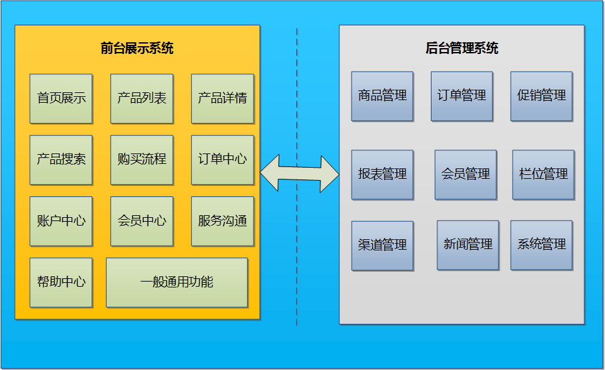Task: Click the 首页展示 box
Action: (x=61, y=99)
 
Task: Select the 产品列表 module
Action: (x=142, y=99)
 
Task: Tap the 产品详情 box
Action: (x=222, y=99)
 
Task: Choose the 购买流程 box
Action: (x=142, y=160)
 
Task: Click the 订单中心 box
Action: (x=222, y=160)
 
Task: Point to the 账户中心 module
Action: (x=61, y=221)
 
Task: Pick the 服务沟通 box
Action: (x=222, y=221)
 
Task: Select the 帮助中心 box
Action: (x=61, y=282)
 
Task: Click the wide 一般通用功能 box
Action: (x=177, y=282)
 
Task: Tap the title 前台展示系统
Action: (x=137, y=49)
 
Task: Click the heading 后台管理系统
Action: (x=462, y=49)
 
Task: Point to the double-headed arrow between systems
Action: (x=300, y=174)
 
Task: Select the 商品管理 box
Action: (x=382, y=96)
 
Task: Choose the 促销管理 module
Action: (x=541, y=96)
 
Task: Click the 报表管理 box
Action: (x=382, y=175)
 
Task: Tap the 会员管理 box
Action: (x=465, y=175)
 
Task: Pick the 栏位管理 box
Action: (x=543, y=175)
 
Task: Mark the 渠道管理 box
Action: (x=382, y=246)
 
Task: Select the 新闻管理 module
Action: (x=468, y=245)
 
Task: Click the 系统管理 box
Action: (x=541, y=245)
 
